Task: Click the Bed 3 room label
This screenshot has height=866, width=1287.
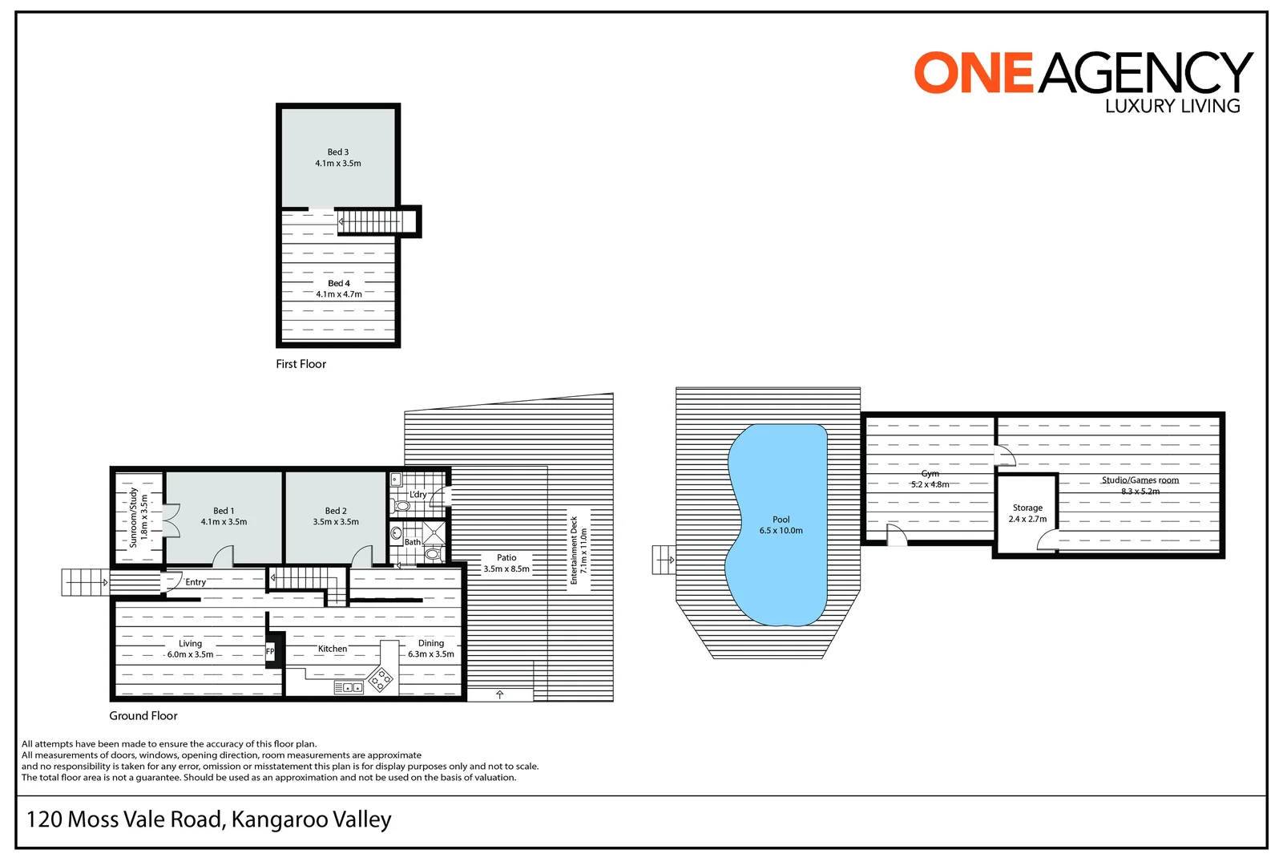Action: click(x=337, y=152)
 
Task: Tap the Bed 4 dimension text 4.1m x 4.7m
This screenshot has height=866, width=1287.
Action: click(x=338, y=294)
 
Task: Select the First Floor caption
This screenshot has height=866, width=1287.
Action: click(x=301, y=364)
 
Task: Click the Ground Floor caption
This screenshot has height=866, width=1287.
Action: click(x=143, y=716)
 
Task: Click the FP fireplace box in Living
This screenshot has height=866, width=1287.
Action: click(x=270, y=652)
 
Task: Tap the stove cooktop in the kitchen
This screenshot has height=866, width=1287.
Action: click(x=381, y=680)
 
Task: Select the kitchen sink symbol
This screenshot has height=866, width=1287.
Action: click(x=349, y=687)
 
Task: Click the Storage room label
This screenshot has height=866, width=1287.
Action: click(x=1027, y=508)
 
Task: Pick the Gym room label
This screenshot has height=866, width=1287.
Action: click(x=930, y=474)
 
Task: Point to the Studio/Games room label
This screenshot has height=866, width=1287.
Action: click(x=1140, y=480)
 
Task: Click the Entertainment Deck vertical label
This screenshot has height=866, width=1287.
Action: click(x=574, y=550)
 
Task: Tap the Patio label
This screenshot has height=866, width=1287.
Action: click(x=506, y=557)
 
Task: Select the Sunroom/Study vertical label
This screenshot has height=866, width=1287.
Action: click(x=134, y=517)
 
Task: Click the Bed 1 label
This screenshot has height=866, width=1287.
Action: click(x=224, y=511)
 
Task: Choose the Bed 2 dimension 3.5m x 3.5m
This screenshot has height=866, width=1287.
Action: click(x=336, y=522)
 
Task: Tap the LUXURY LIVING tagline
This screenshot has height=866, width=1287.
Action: click(x=1172, y=106)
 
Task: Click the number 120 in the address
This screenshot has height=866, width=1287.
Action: click(x=44, y=819)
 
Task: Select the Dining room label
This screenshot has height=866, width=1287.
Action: click(x=431, y=643)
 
